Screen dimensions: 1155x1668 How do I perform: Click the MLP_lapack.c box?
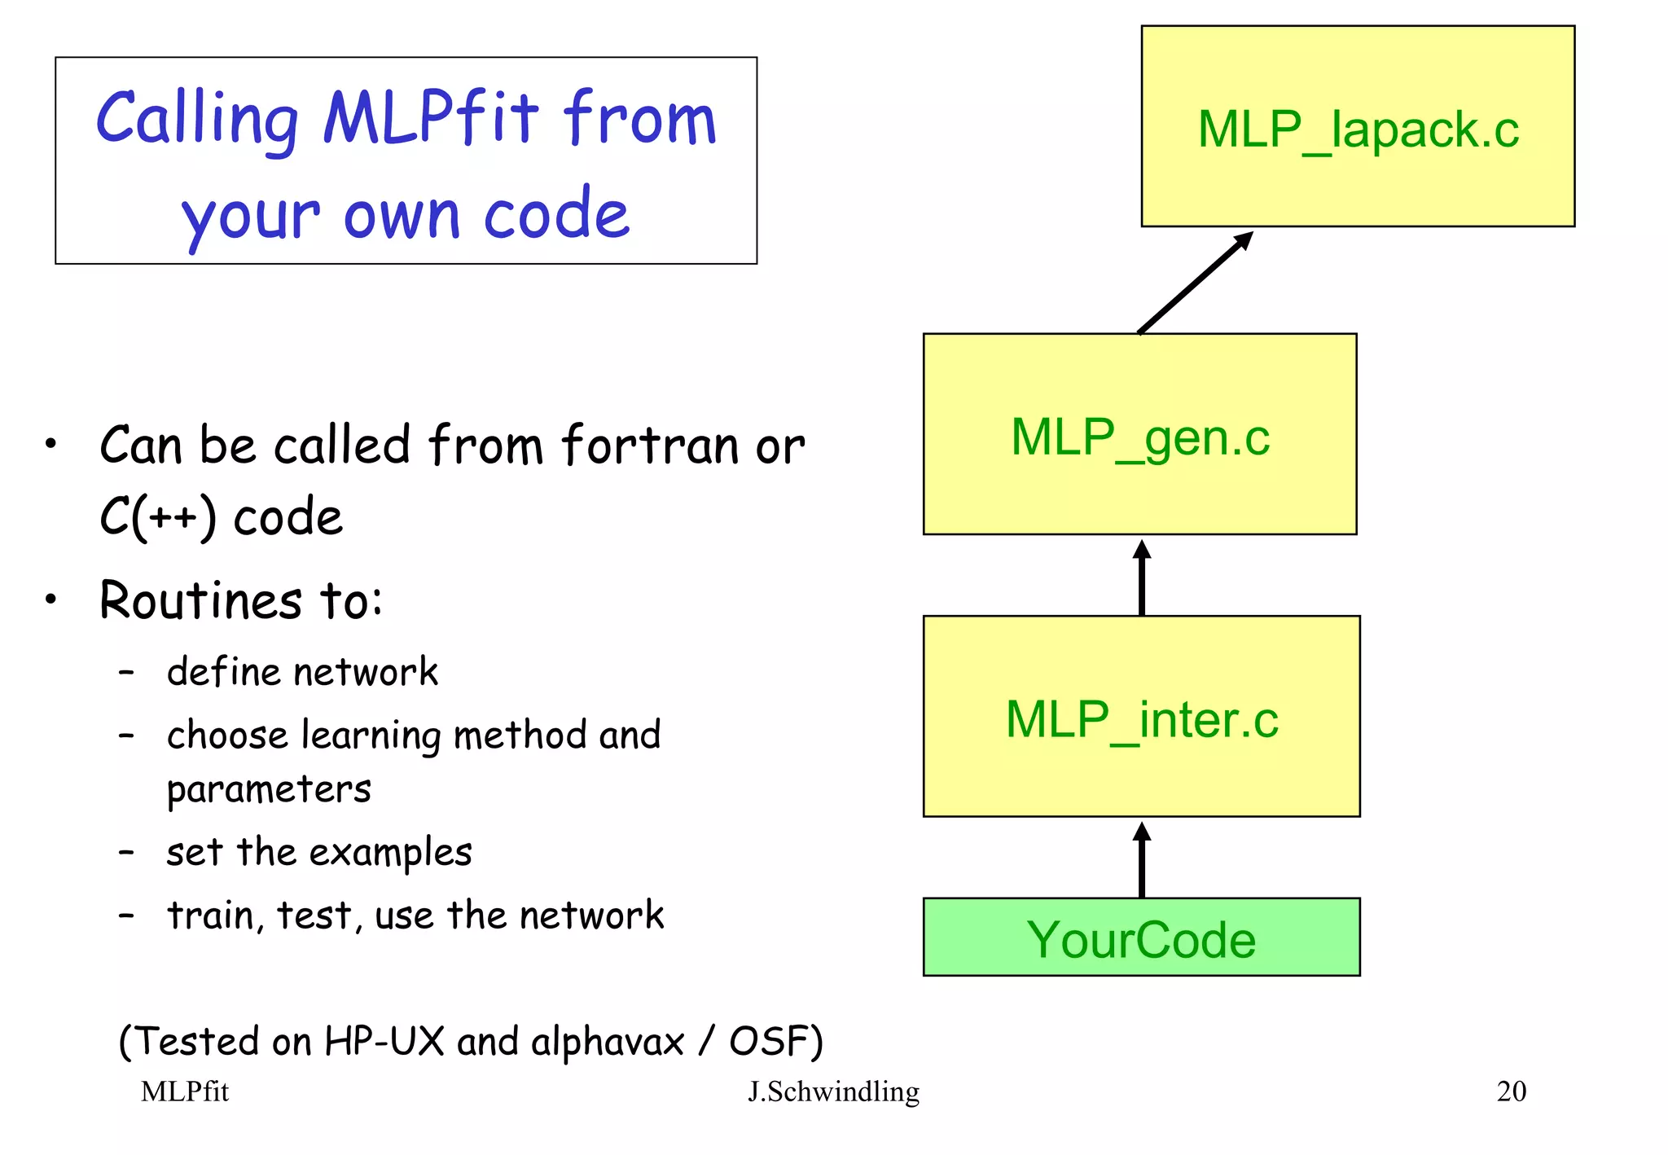click(1358, 126)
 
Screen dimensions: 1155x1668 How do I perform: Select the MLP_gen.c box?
click(1139, 434)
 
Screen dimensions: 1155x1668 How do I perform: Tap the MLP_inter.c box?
click(1141, 717)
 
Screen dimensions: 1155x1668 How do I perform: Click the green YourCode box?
click(1141, 938)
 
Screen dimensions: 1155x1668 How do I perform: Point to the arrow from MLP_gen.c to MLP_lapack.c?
click(1194, 283)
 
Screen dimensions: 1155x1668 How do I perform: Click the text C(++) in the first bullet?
click(158, 517)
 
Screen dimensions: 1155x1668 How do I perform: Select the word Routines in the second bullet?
click(200, 600)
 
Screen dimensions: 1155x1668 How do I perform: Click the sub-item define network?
click(302, 673)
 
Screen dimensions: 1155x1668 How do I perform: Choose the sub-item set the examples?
click(318, 853)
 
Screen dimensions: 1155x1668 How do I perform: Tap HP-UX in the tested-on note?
click(384, 1042)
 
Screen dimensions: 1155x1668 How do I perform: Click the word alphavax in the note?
click(607, 1042)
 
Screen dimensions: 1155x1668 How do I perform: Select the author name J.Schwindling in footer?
click(833, 1091)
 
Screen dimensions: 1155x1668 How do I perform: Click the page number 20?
click(1511, 1091)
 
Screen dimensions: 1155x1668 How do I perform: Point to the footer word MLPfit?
click(185, 1091)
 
